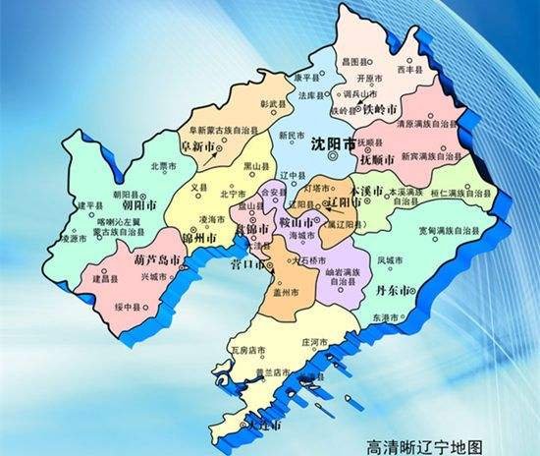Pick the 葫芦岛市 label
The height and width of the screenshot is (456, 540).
[154, 263]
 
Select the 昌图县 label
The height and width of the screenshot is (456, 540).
[380, 61]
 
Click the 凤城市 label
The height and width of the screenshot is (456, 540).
[391, 260]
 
